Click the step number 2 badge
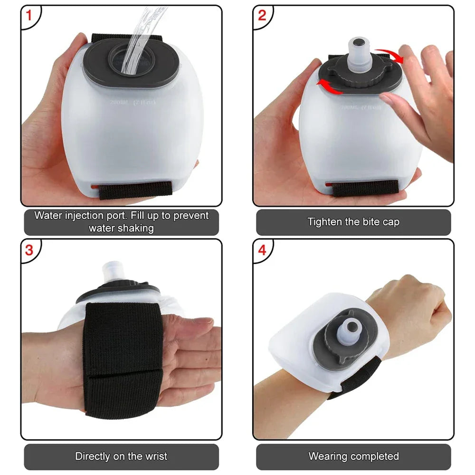(x=262, y=16)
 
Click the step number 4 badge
(x=262, y=250)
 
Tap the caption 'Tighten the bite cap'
(x=353, y=222)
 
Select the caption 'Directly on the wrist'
(x=121, y=456)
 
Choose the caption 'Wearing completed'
(x=353, y=456)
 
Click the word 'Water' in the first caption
(x=48, y=215)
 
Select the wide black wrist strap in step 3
(x=121, y=356)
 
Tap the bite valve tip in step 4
(x=352, y=327)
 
